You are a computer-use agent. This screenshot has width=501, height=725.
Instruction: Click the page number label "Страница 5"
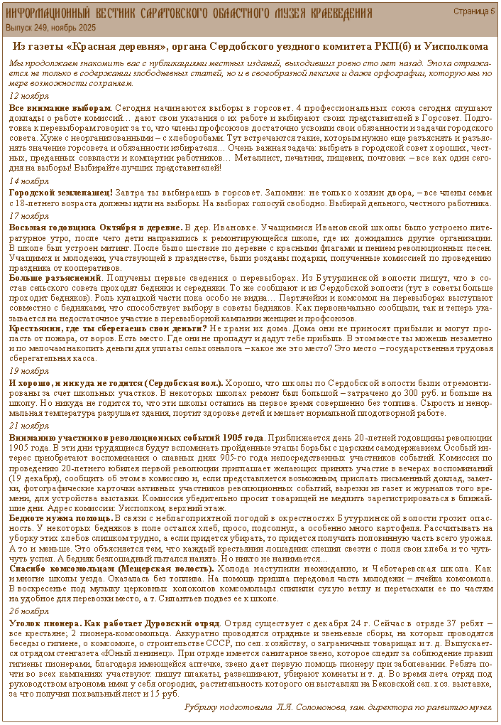[474, 11]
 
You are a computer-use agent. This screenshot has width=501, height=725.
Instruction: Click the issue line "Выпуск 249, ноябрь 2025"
[50, 27]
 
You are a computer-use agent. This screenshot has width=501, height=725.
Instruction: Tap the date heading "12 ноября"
[28, 95]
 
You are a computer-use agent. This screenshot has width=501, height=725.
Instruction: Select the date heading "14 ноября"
[28, 181]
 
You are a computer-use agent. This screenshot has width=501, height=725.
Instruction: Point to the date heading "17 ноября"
[28, 215]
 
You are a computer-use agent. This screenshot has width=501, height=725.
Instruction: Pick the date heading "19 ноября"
[28, 371]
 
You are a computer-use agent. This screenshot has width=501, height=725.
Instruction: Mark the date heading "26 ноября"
[28, 611]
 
